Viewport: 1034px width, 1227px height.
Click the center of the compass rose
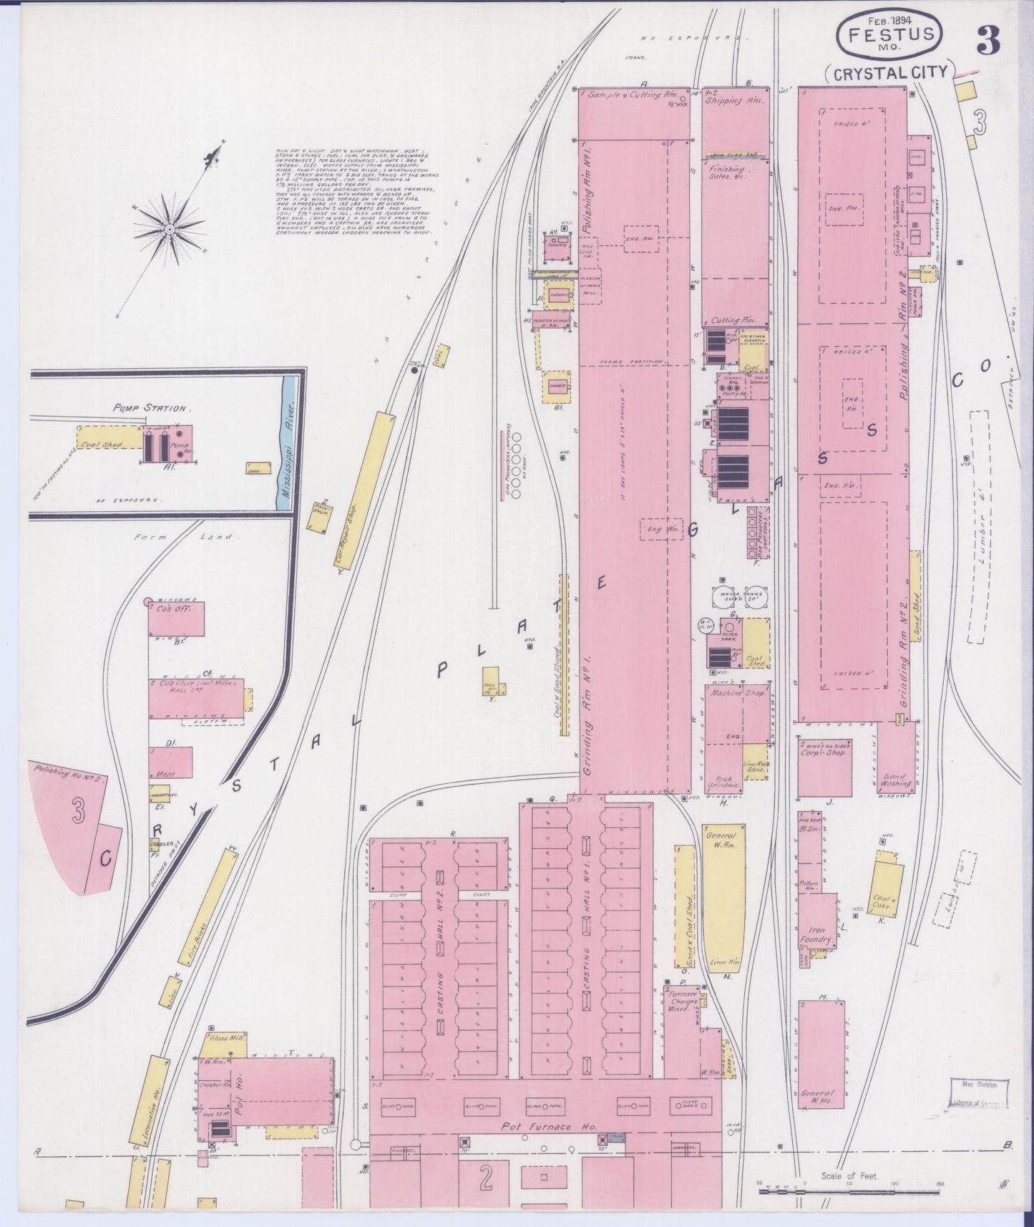(x=170, y=228)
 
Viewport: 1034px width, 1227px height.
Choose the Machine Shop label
(x=739, y=694)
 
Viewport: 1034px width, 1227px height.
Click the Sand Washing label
(x=896, y=780)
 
